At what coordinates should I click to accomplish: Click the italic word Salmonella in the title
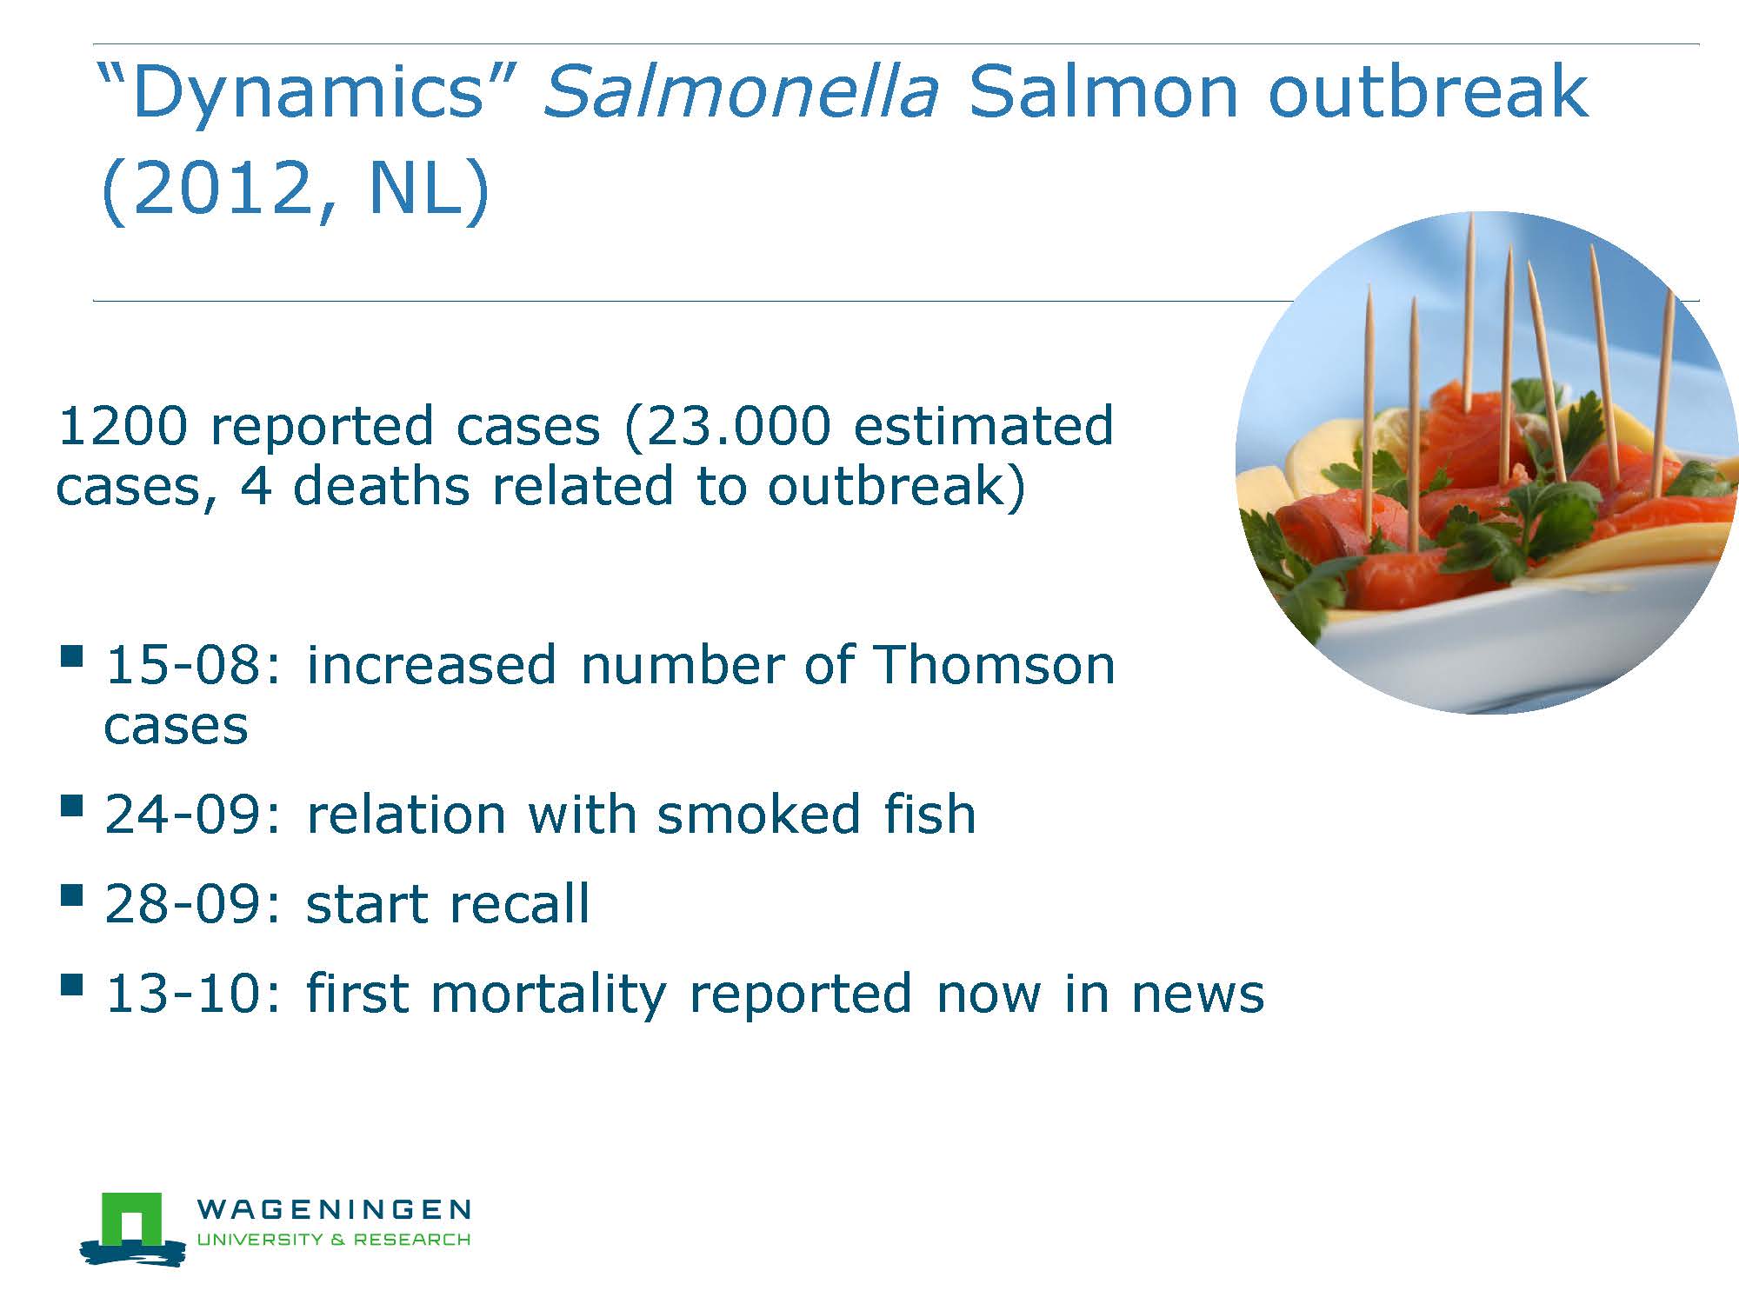click(x=741, y=90)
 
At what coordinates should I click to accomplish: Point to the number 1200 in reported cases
click(x=123, y=426)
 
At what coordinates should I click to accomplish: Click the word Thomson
click(x=993, y=665)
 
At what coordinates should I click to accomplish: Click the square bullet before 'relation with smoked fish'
click(x=72, y=806)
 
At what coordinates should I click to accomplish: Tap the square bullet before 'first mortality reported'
click(x=72, y=985)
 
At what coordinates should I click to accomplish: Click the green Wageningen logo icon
click(x=132, y=1227)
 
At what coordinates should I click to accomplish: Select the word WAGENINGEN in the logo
click(x=334, y=1209)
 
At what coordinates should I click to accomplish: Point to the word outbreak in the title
click(x=1429, y=90)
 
